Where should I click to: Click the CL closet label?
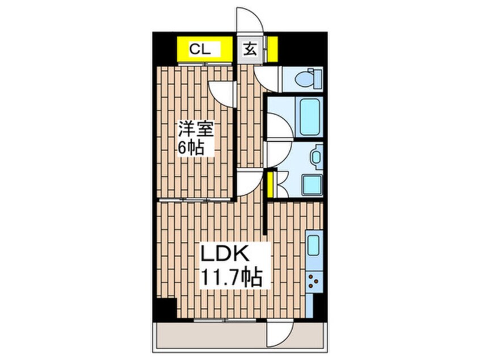tap(200, 49)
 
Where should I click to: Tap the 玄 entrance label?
tap(250, 49)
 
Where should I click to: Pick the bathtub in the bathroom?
tap(310, 118)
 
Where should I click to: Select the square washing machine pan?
tap(311, 185)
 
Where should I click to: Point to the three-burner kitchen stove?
tap(313, 281)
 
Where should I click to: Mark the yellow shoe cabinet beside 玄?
tap(272, 49)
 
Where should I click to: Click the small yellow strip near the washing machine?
tap(271, 185)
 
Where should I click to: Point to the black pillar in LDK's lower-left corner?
tap(166, 309)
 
